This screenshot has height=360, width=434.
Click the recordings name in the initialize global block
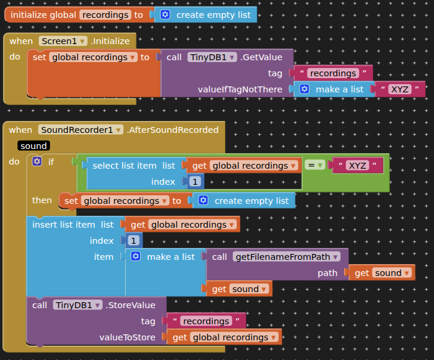(105, 15)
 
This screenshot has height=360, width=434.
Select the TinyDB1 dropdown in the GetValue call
(212, 57)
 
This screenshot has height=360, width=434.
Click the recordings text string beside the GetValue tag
(333, 73)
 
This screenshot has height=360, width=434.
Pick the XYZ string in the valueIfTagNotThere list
(399, 89)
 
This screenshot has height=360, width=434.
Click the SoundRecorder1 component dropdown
(80, 130)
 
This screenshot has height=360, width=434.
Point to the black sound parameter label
(33, 146)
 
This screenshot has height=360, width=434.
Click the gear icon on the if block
(37, 162)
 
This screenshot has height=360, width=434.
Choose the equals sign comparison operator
(315, 165)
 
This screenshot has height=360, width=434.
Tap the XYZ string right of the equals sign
(357, 166)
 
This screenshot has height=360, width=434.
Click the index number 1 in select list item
(194, 181)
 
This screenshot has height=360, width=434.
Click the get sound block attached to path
(382, 273)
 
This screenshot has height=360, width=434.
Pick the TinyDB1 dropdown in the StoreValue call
(78, 305)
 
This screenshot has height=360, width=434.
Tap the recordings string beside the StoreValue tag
(206, 321)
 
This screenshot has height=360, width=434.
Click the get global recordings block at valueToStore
(225, 337)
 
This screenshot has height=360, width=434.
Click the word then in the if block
(42, 200)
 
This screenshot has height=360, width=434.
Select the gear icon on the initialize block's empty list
(165, 15)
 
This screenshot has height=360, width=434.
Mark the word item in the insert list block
(103, 257)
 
